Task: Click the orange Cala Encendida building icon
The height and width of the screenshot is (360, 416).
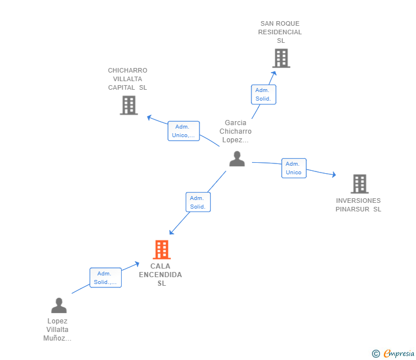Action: tap(162, 250)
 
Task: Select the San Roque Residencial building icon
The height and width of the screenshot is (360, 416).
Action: tap(281, 58)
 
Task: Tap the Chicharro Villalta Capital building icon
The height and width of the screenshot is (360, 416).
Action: tap(129, 105)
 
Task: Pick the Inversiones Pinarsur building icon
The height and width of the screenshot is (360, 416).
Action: tap(359, 184)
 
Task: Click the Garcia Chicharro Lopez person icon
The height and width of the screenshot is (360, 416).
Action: tap(237, 159)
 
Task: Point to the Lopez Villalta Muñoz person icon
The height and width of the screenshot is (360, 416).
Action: tap(58, 306)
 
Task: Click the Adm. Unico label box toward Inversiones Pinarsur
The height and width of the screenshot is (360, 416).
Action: tap(294, 168)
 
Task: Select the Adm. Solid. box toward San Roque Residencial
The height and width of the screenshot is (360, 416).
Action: tap(263, 95)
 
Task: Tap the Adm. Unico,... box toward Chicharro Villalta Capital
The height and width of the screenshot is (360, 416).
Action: tap(183, 131)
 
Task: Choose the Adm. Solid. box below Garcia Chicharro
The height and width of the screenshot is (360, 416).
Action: tap(198, 202)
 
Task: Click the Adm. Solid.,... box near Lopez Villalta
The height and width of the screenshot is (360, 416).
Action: tap(105, 278)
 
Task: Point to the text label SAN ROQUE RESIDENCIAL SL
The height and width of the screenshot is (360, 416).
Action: tap(280, 32)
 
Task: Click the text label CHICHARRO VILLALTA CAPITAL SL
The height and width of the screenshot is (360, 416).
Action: tap(127, 79)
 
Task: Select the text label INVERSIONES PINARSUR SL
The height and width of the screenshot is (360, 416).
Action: tap(358, 205)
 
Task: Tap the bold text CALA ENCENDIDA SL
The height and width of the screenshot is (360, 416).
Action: tap(161, 275)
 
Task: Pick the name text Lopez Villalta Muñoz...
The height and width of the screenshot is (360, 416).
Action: tap(58, 330)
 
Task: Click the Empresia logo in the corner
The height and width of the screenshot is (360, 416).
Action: tap(399, 354)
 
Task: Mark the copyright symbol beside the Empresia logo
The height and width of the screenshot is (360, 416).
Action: tap(376, 354)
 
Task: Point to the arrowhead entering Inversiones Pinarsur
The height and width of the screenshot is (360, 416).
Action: tap(333, 175)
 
